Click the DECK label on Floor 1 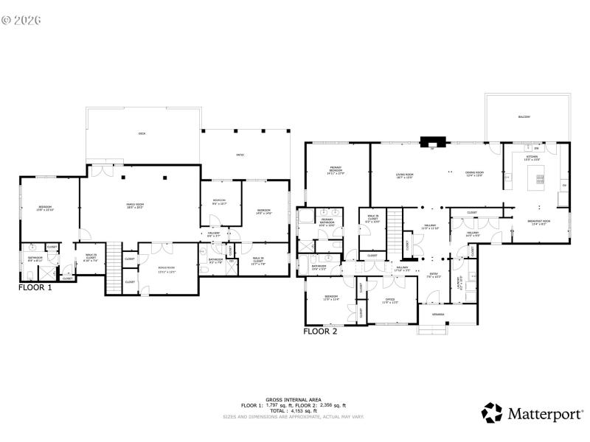142,133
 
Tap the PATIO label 240,155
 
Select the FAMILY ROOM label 135,206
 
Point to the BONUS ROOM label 166,269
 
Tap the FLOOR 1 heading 35,288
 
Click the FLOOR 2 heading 320,331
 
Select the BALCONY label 524,117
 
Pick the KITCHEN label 532,158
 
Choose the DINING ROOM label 473,175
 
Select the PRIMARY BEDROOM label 336,171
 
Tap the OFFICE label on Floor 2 390,301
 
